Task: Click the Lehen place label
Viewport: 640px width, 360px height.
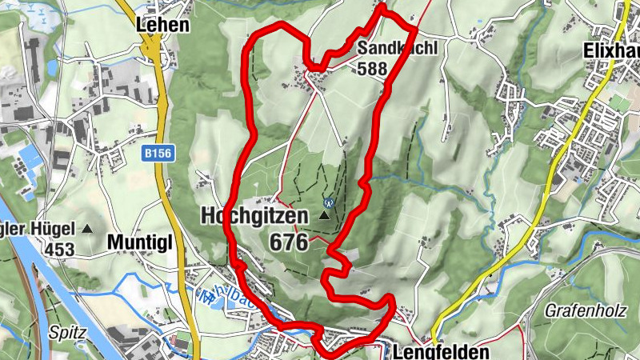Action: point(163,25)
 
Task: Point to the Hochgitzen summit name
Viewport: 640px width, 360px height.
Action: point(254,216)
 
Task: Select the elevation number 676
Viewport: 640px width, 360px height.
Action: point(289,242)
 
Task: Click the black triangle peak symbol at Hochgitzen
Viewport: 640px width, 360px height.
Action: point(325,216)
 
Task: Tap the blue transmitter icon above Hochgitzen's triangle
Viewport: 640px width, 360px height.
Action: point(327,202)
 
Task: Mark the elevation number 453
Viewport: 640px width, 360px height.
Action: point(59,250)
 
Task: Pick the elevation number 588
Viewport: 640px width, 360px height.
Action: point(373,69)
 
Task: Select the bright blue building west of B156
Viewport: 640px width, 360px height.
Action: point(30,155)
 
